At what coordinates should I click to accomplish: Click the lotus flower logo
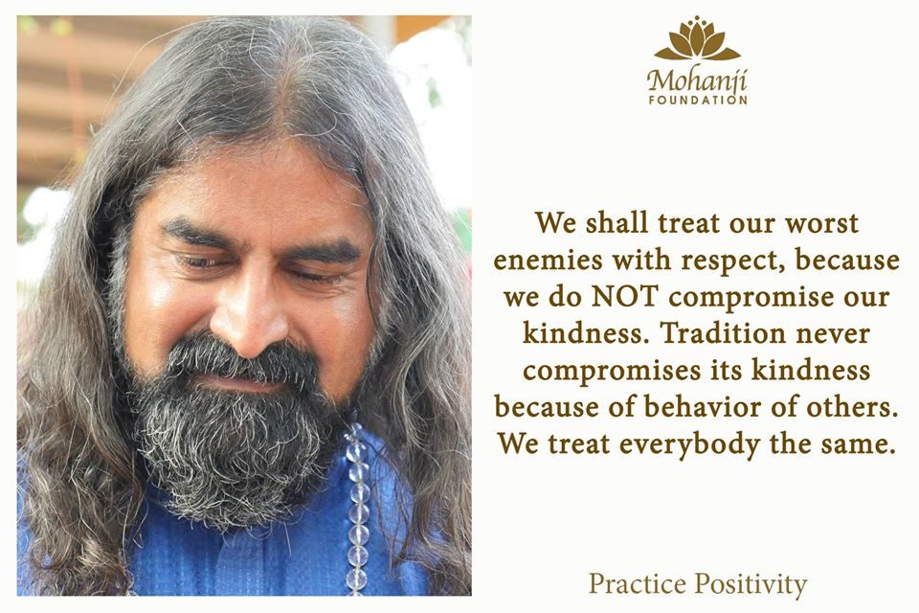click(698, 38)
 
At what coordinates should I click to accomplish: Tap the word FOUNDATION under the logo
click(698, 101)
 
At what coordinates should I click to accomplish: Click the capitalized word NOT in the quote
click(625, 297)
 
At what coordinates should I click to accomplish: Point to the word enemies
click(548, 260)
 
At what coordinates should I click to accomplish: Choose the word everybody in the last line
click(689, 445)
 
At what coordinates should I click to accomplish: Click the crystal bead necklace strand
click(357, 506)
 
